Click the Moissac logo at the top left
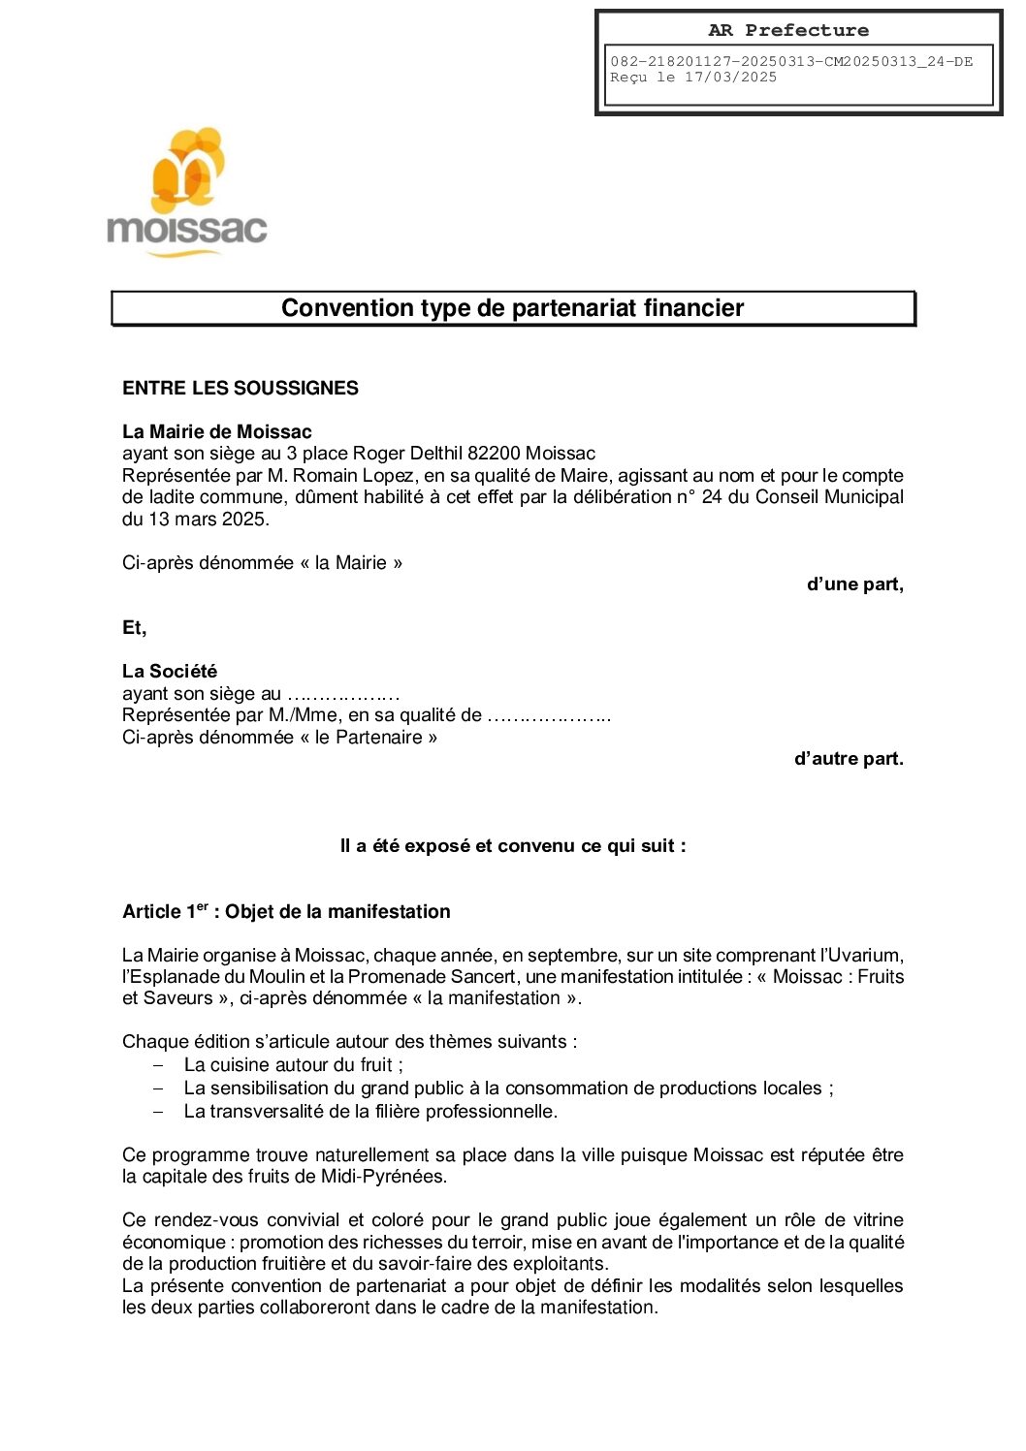coord(186,193)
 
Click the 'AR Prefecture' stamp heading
coord(787,30)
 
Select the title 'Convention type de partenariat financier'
coord(512,308)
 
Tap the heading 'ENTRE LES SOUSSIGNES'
coord(240,388)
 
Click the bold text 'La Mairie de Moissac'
coord(216,431)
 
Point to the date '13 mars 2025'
coord(207,519)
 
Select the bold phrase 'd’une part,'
coord(854,584)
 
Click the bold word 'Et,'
coord(134,628)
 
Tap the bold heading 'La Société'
coord(170,671)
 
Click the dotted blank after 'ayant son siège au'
coord(343,694)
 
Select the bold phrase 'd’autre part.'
coord(849,759)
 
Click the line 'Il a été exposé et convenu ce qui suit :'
coord(512,846)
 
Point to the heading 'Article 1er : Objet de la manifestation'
coord(286,911)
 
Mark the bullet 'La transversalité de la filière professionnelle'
coord(370,1111)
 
